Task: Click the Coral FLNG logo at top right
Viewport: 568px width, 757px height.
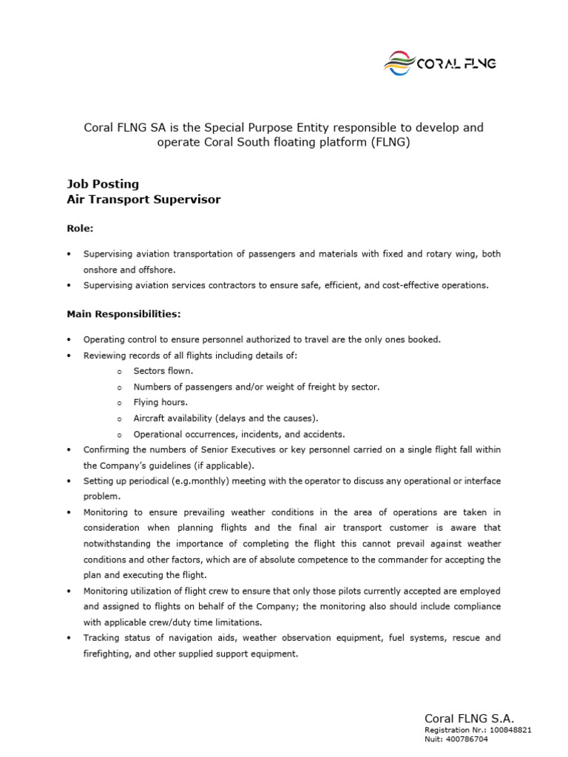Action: (439, 64)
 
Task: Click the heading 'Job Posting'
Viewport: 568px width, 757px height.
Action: (102, 184)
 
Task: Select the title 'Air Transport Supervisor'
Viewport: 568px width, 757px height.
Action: (143, 200)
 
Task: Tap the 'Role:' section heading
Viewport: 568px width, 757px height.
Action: (80, 229)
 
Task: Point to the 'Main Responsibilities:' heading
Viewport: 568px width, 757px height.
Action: (124, 314)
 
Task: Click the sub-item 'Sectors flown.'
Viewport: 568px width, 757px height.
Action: (163, 371)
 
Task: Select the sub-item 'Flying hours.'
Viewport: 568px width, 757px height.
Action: (160, 403)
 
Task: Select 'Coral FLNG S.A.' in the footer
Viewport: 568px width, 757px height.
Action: (469, 719)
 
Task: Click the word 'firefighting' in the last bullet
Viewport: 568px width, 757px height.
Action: (106, 654)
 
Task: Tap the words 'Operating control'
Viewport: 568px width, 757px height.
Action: (118, 339)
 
